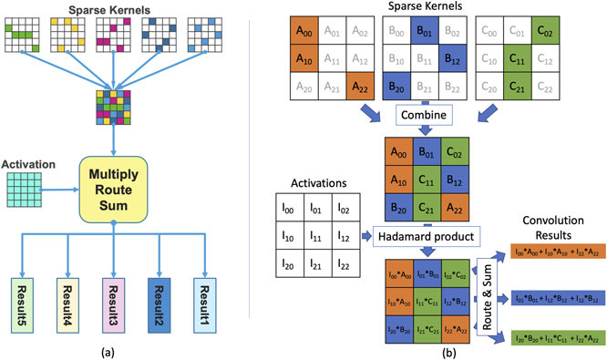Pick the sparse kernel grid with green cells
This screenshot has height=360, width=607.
pos(23,33)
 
